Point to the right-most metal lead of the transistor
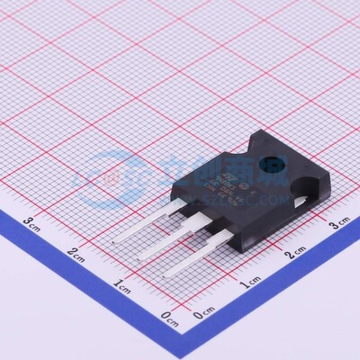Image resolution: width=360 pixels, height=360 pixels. (193, 256)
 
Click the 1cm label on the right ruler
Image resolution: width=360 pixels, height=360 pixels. (251, 283)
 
